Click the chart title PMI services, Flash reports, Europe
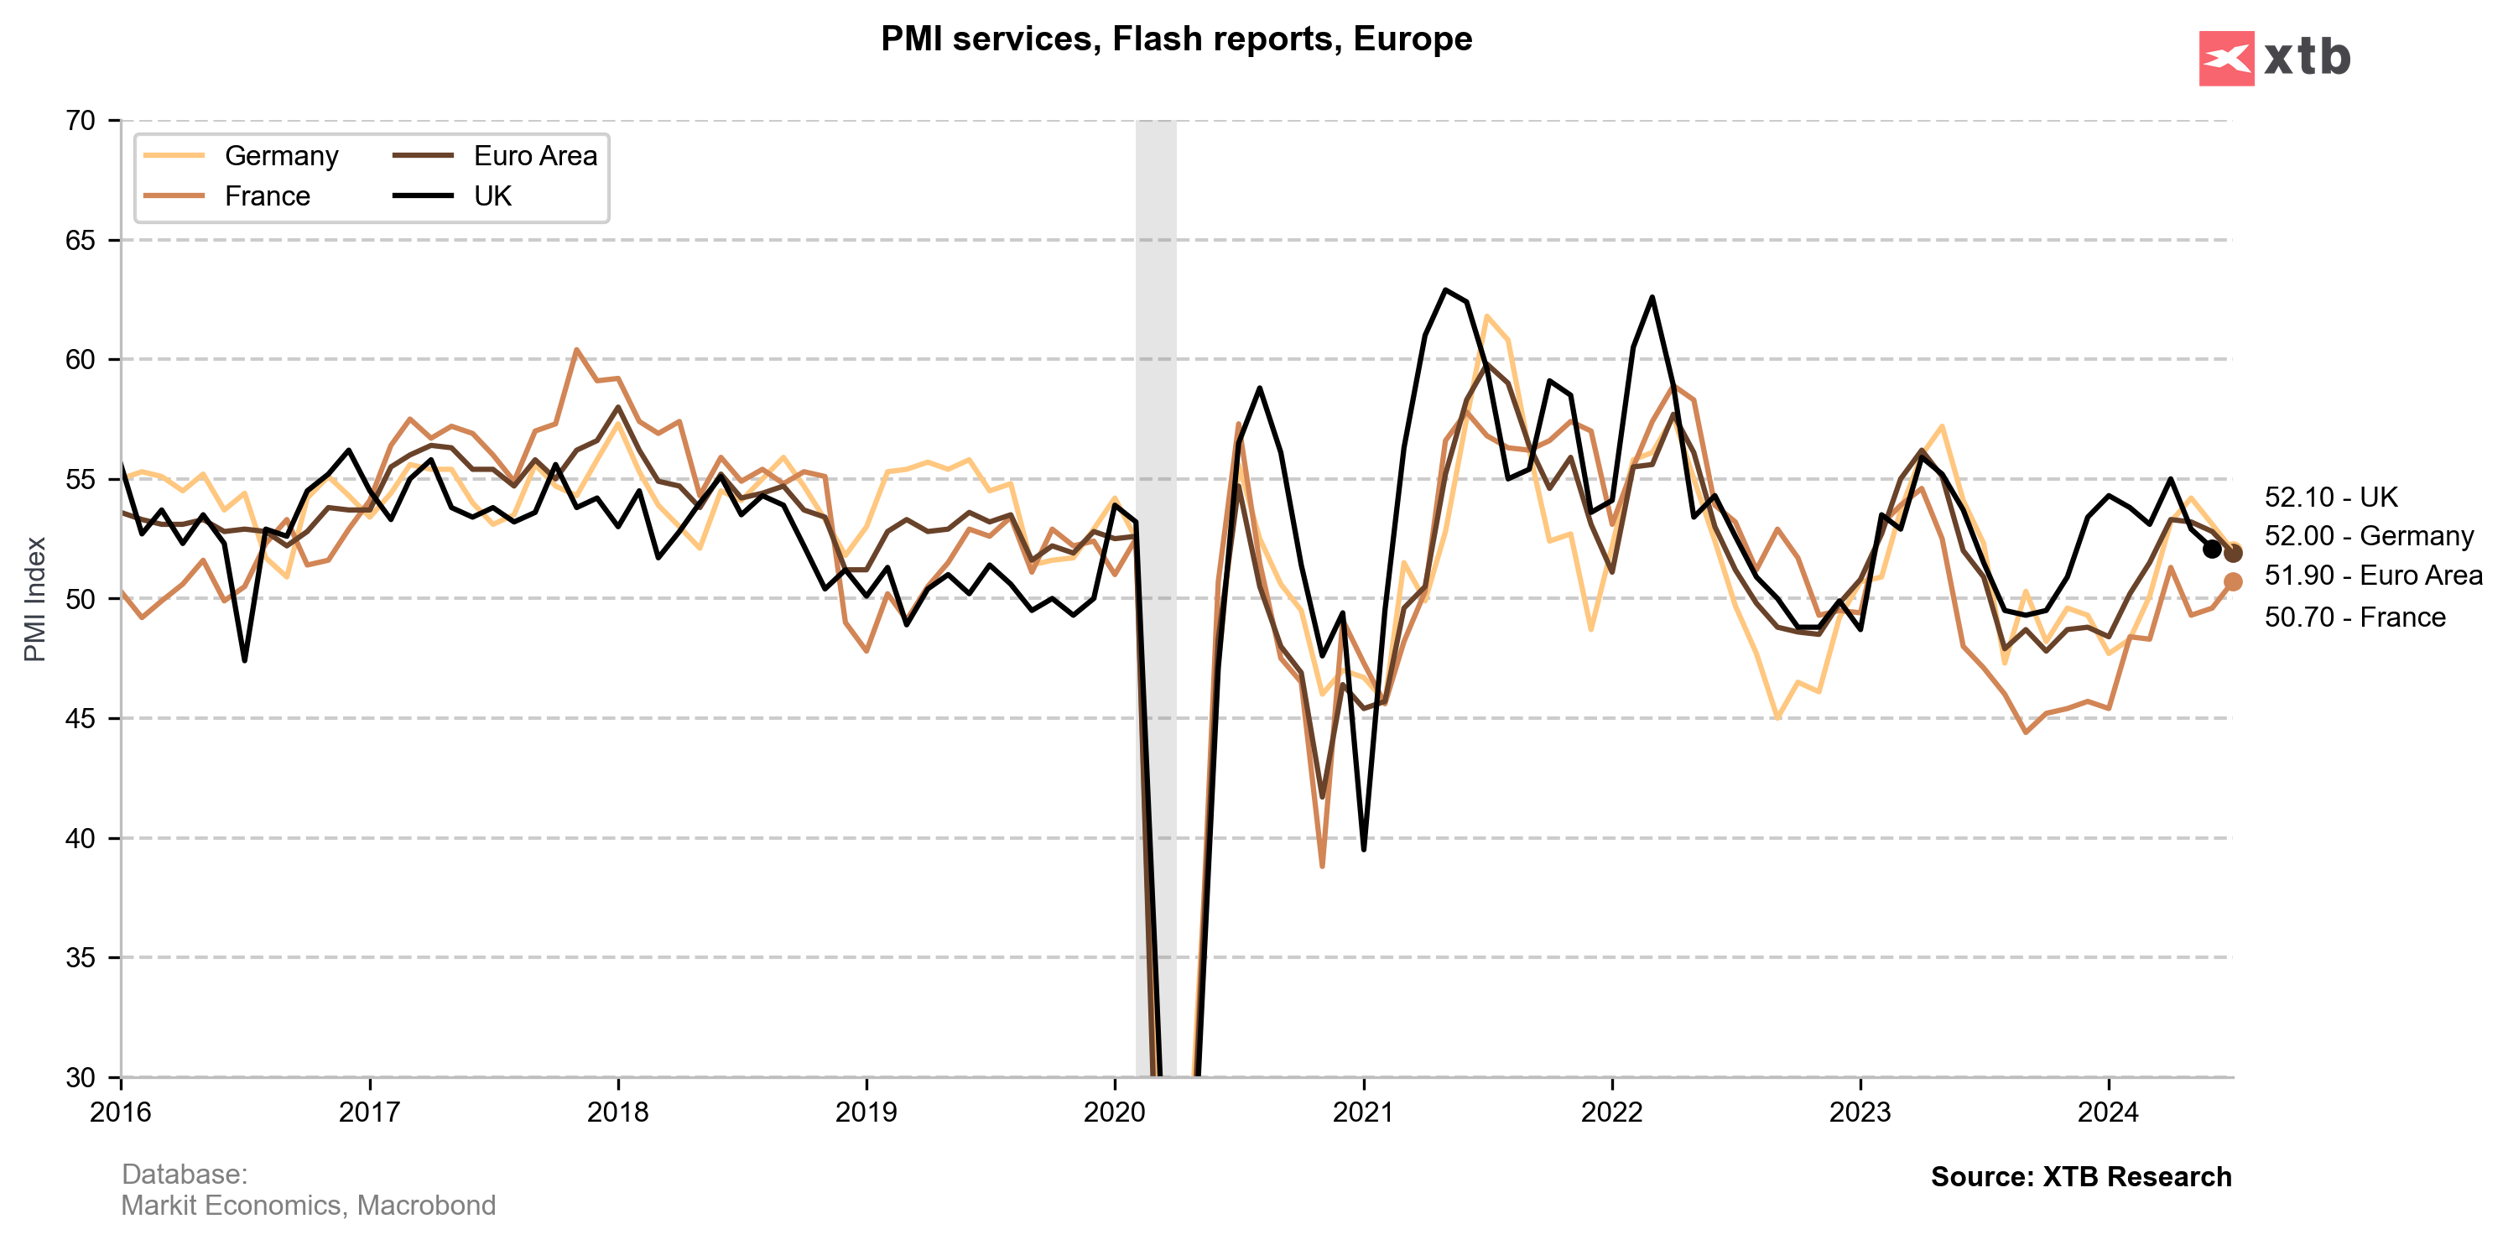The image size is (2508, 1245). [x=1176, y=39]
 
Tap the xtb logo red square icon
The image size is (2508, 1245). [x=2225, y=59]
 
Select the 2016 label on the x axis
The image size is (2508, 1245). [x=121, y=1112]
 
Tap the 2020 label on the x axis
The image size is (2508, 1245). [x=1115, y=1112]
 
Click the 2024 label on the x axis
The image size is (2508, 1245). [x=2108, y=1112]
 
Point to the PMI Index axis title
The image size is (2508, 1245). [x=35, y=599]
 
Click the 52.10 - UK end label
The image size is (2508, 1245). [x=2330, y=497]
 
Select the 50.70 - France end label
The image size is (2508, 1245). [x=2355, y=617]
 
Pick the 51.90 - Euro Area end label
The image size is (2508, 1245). [x=2373, y=576]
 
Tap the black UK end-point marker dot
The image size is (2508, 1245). [x=2212, y=549]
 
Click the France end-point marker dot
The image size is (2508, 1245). [x=2234, y=581]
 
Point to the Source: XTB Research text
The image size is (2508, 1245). [x=2080, y=1177]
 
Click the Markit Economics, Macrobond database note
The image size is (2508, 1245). [x=308, y=1205]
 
